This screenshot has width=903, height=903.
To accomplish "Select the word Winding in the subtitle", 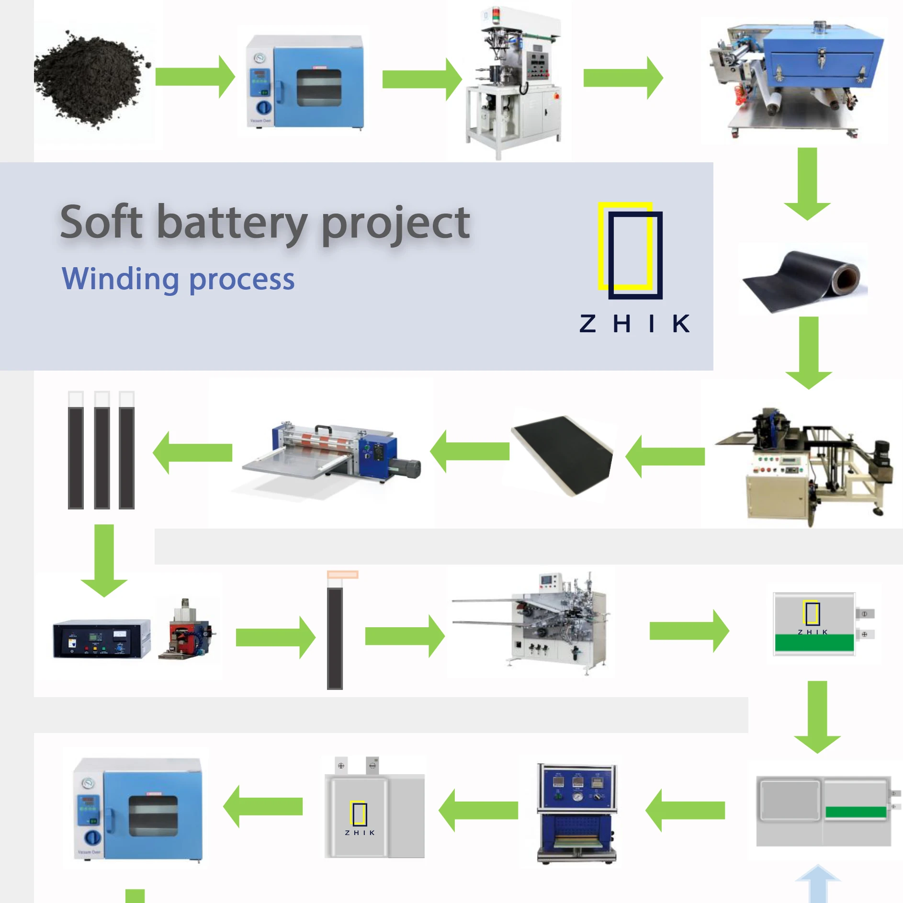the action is click(120, 279).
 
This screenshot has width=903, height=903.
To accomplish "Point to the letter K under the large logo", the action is click(680, 324).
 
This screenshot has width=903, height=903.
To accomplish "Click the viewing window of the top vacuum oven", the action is click(319, 88).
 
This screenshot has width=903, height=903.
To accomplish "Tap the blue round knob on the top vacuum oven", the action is click(263, 107).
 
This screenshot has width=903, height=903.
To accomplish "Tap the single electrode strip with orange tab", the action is click(336, 632).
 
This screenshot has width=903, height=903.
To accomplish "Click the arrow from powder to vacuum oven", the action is click(194, 77).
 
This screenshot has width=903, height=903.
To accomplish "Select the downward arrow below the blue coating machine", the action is click(807, 184).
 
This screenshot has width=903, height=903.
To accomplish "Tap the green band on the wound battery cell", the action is click(814, 643).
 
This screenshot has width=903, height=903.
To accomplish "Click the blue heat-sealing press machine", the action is click(577, 814).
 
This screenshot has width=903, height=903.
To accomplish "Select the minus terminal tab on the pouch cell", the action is click(372, 766).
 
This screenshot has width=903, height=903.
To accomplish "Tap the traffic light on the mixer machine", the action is click(496, 14).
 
